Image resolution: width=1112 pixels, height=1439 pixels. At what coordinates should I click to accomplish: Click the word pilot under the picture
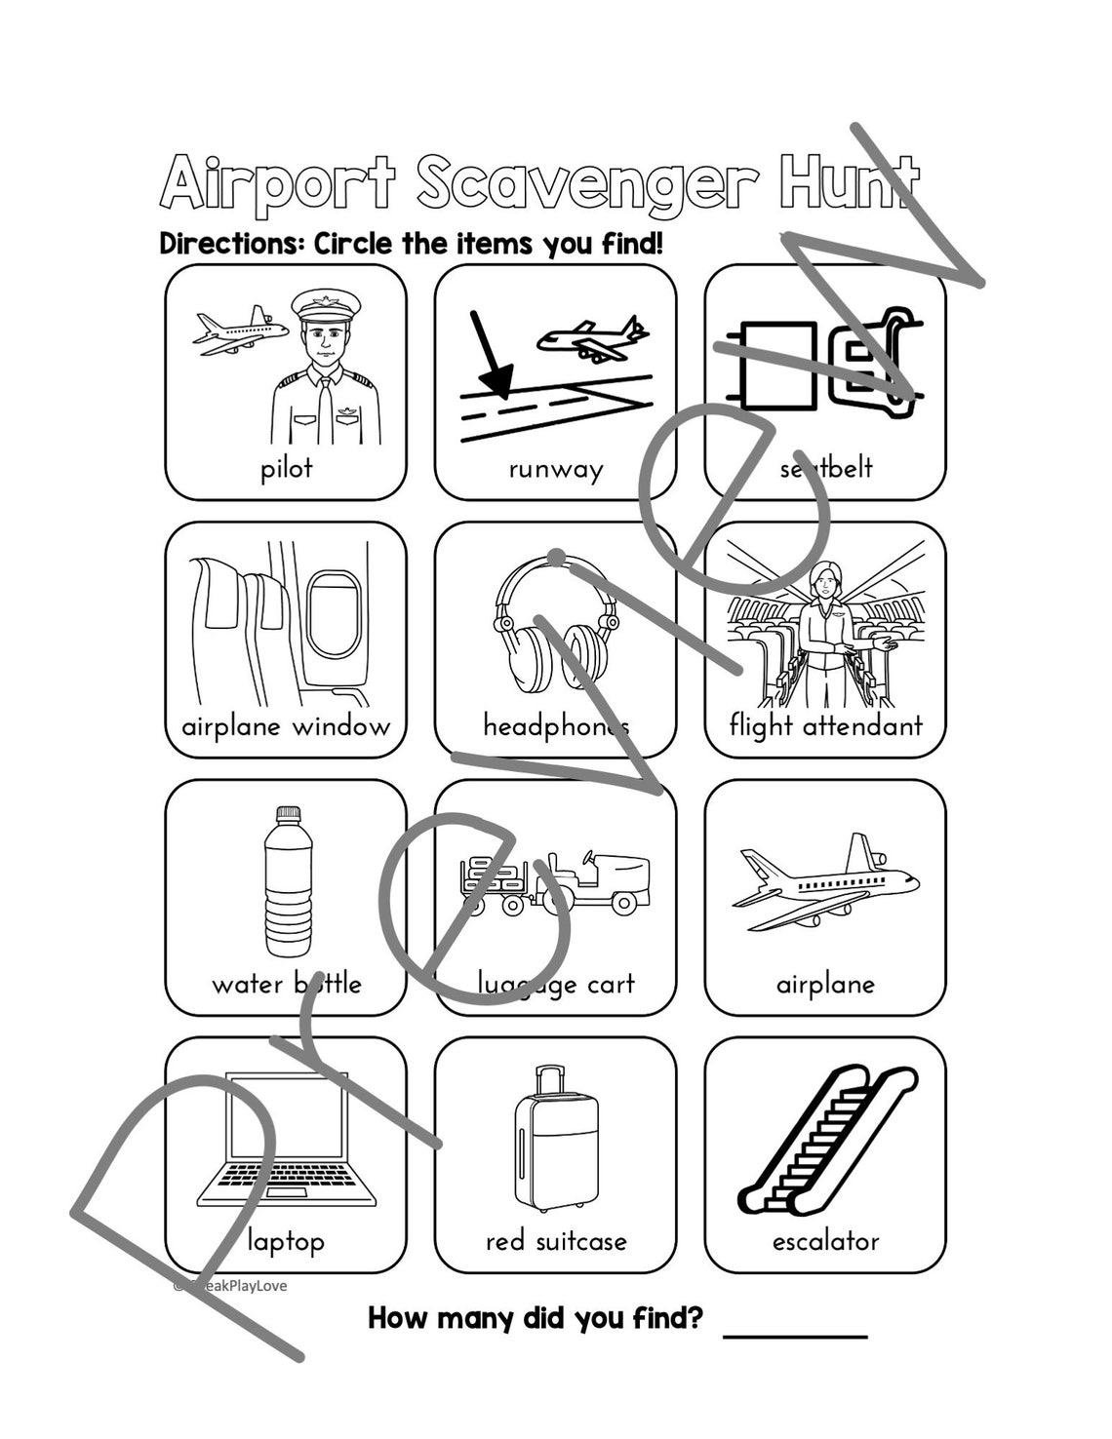[286, 469]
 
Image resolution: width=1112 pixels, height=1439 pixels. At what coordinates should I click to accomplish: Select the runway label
[556, 470]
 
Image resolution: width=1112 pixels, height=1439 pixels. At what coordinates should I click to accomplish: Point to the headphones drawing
[556, 629]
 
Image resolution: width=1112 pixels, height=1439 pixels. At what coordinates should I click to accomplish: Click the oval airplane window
[333, 614]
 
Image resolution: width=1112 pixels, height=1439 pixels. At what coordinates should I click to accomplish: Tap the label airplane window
[286, 726]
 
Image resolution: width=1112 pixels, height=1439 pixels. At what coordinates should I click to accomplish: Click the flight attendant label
[825, 726]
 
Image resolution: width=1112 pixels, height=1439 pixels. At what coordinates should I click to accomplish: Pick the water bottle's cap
[288, 814]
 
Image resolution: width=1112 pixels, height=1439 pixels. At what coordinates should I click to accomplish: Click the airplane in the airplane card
[825, 882]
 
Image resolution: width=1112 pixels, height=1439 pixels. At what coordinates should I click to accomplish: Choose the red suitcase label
[556, 1241]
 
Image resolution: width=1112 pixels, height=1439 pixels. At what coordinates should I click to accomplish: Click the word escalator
[825, 1241]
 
